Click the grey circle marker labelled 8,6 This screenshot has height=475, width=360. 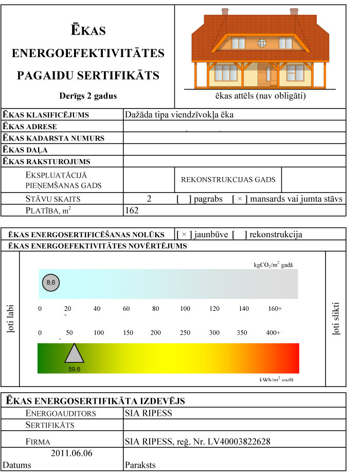click(x=50, y=283)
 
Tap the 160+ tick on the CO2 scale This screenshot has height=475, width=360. click(x=275, y=309)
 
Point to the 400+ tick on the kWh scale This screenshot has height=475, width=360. click(x=273, y=333)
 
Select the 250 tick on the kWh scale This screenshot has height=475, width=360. click(x=185, y=333)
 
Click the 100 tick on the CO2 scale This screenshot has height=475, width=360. click(x=185, y=309)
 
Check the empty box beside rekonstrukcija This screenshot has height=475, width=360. click(x=240, y=235)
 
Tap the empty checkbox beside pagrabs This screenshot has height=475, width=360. click(x=184, y=199)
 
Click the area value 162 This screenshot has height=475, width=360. click(x=132, y=211)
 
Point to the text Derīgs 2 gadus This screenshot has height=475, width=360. click(x=88, y=96)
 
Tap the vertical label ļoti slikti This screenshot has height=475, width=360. click(x=336, y=320)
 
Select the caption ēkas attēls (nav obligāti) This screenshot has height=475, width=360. click(x=261, y=96)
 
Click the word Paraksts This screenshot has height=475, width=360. click(x=140, y=465)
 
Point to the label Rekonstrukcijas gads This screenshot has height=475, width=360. click(x=228, y=180)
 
